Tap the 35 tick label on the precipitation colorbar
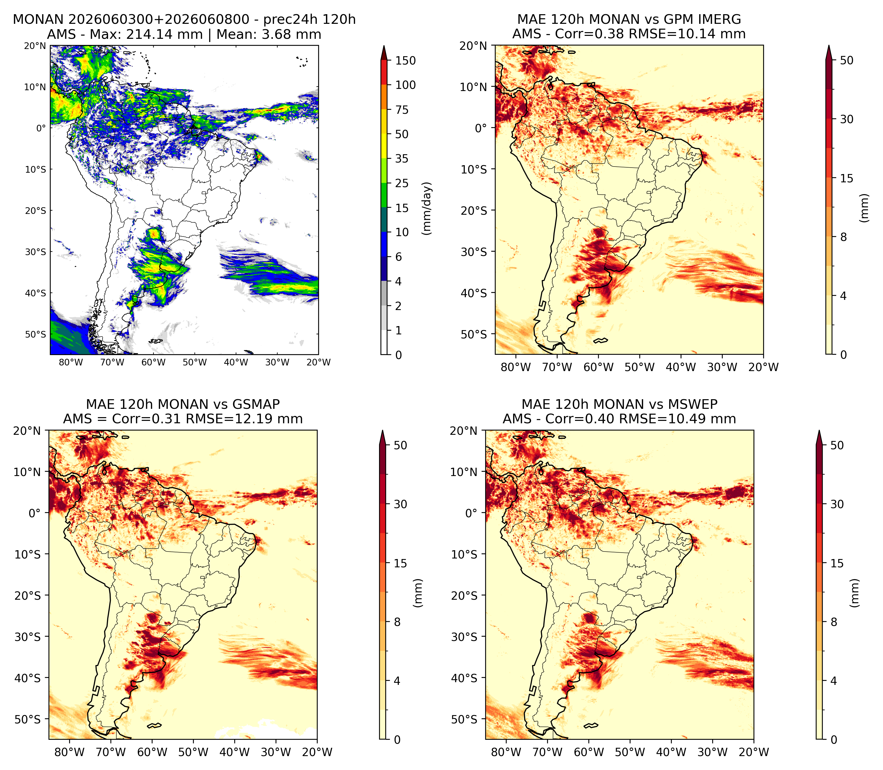pos(402,158)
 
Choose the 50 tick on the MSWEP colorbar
pos(837,445)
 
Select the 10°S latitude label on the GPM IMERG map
pos(474,169)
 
